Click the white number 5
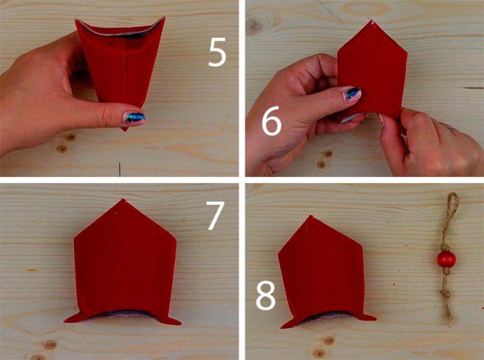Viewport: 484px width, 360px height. coord(217,53)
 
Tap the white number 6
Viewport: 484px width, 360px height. coord(272,121)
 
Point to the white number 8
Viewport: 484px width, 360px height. coord(266,295)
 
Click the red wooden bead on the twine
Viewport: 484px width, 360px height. coord(446,259)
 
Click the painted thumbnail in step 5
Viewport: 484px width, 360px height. coord(135,118)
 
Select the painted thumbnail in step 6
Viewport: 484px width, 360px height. coord(351,94)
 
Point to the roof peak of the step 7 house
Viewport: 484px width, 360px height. coord(124,200)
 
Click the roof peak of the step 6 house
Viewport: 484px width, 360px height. coord(371,21)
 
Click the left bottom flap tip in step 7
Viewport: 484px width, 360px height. coord(65,321)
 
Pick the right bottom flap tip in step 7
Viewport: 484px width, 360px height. coord(180,323)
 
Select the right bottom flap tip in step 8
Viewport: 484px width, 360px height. coord(375,318)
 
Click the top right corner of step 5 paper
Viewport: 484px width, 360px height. coord(165,18)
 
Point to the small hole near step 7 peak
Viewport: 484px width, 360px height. coord(116,213)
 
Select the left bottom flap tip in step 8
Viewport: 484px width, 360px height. coord(282,327)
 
